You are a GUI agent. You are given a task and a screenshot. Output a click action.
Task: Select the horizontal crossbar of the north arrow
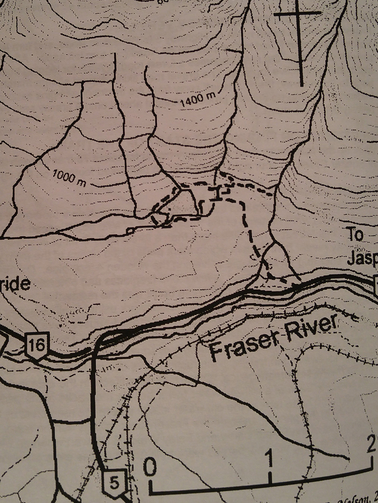click(x=297, y=13)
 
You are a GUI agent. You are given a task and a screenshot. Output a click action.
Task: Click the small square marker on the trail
click(x=131, y=230)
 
